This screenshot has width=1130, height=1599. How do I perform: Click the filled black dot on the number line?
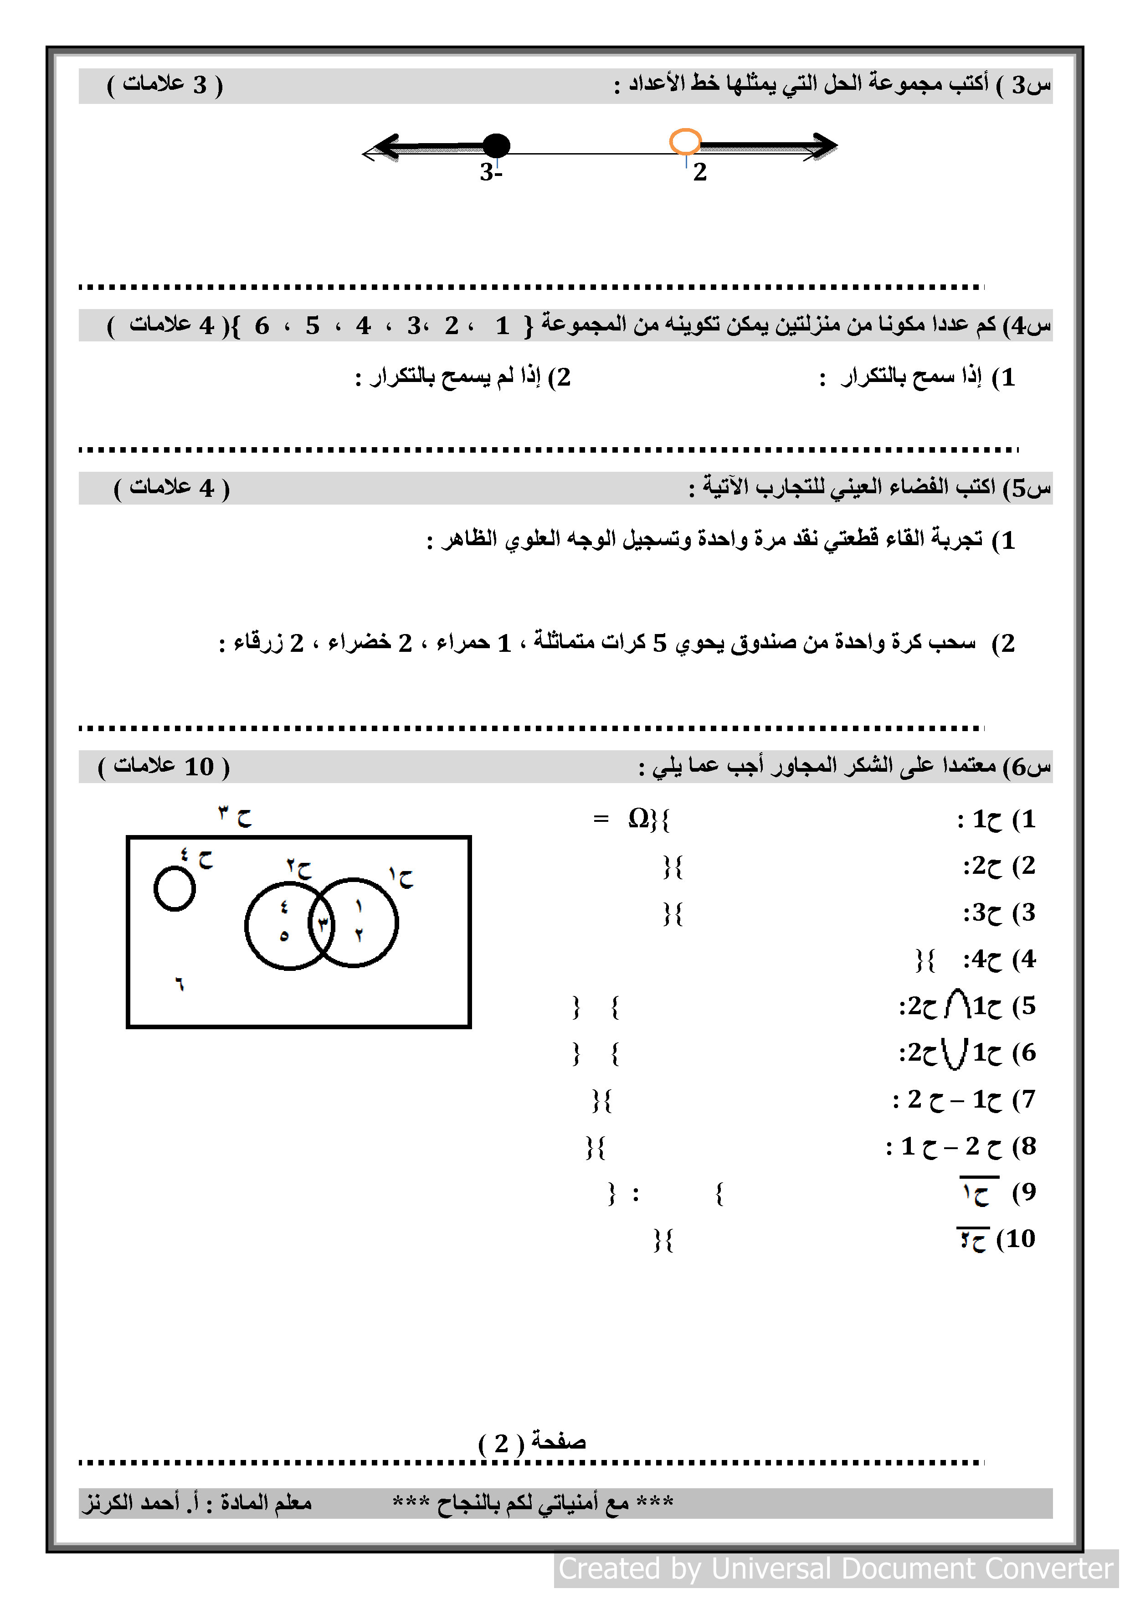496,145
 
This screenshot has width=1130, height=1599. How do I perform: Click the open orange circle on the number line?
685,141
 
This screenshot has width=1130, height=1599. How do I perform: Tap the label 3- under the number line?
491,172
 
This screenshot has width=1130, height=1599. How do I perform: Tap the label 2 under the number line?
700,172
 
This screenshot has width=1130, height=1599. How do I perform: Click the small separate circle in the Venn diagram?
174,889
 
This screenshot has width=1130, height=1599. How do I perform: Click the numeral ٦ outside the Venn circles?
180,984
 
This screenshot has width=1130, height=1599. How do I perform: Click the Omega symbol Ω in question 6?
638,818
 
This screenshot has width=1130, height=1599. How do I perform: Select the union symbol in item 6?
955,1052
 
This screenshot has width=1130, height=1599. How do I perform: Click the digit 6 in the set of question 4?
262,325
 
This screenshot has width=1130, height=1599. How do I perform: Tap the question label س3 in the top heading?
1032,85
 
